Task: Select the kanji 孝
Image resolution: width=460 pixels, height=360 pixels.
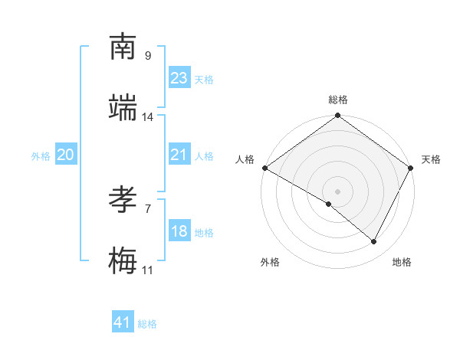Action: (123, 201)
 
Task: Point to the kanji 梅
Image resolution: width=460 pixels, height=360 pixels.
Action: (123, 262)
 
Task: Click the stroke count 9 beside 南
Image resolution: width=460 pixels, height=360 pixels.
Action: (148, 56)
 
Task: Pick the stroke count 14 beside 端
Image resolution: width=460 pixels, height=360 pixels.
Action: (148, 117)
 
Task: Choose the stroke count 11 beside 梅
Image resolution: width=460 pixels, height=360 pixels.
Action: (148, 270)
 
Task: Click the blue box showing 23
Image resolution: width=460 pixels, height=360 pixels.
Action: (179, 78)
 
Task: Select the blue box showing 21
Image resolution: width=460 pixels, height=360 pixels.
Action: (179, 155)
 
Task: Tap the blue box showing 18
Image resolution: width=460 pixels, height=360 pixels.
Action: (179, 231)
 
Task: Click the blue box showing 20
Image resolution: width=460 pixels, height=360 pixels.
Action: (66, 155)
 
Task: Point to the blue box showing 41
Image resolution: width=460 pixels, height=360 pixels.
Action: (123, 322)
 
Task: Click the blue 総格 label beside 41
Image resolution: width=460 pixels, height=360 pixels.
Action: (147, 324)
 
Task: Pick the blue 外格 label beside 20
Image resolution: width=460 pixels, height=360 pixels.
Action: (41, 156)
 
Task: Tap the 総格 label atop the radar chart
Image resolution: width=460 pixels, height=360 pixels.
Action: (338, 100)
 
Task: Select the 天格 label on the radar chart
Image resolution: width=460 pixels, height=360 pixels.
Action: (431, 159)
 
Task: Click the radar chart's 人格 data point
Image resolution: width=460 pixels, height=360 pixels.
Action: (264, 168)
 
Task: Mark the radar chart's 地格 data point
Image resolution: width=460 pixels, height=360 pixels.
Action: (374, 242)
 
